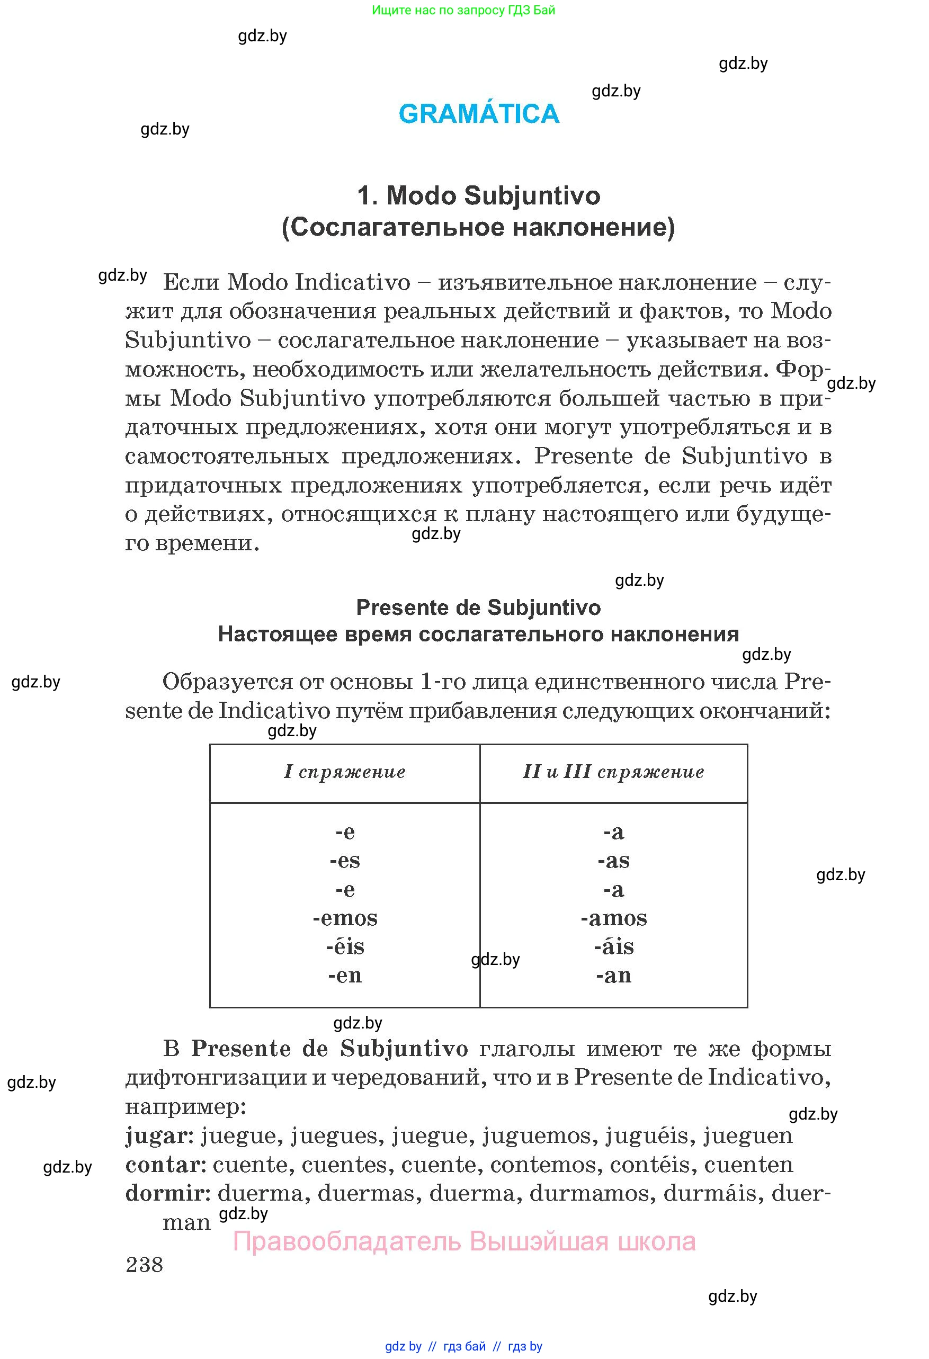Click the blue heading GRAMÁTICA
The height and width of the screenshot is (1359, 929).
point(479,113)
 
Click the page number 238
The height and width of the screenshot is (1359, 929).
point(144,1264)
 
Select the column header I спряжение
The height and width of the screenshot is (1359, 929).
point(344,772)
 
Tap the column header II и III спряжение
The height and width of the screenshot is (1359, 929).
point(613,772)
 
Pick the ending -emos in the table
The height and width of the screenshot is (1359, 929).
point(345,918)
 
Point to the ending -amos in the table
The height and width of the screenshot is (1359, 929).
point(614,918)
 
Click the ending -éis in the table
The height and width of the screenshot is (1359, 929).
point(345,947)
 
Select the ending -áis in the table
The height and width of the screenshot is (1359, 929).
point(614,947)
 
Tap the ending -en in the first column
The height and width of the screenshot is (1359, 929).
point(345,976)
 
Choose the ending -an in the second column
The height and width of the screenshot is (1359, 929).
point(614,976)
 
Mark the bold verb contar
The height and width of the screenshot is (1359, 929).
point(165,1165)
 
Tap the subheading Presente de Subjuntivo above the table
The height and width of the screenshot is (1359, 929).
point(478,607)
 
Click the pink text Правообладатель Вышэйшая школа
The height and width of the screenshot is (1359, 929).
point(464,1241)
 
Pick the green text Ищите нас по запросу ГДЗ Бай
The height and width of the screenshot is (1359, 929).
point(463,10)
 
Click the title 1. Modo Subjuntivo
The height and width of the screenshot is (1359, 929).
point(478,195)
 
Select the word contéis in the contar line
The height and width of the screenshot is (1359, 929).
point(649,1165)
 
